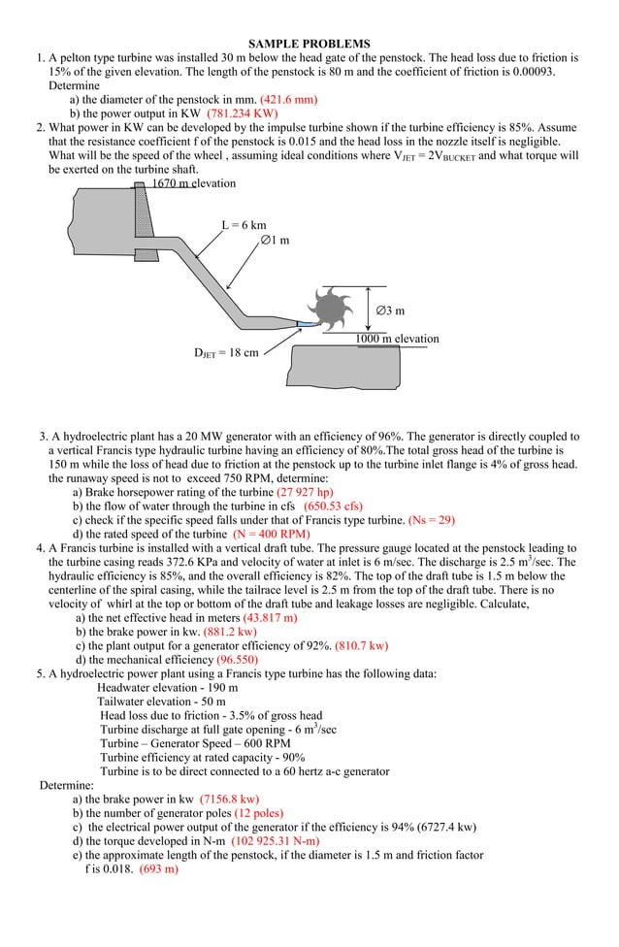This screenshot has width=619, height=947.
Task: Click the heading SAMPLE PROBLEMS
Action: click(x=309, y=44)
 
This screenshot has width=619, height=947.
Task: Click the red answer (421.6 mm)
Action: click(x=289, y=99)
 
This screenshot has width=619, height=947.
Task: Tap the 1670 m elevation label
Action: click(x=193, y=183)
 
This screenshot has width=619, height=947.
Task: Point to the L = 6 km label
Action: click(x=244, y=225)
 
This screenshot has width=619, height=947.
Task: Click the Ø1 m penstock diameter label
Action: click(x=275, y=240)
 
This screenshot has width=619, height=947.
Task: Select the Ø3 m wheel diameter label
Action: click(x=390, y=310)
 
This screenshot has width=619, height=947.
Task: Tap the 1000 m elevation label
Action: click(x=396, y=339)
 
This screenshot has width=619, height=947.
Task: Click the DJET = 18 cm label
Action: click(x=227, y=352)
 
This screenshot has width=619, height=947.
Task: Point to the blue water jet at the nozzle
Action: click(x=306, y=321)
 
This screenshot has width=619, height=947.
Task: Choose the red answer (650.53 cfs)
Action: click(x=333, y=506)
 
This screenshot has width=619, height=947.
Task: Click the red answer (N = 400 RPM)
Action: click(x=272, y=534)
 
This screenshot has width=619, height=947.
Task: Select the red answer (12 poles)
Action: click(x=259, y=813)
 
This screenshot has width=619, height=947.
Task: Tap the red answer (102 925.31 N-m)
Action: click(x=275, y=840)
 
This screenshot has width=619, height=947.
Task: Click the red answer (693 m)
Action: click(x=159, y=869)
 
